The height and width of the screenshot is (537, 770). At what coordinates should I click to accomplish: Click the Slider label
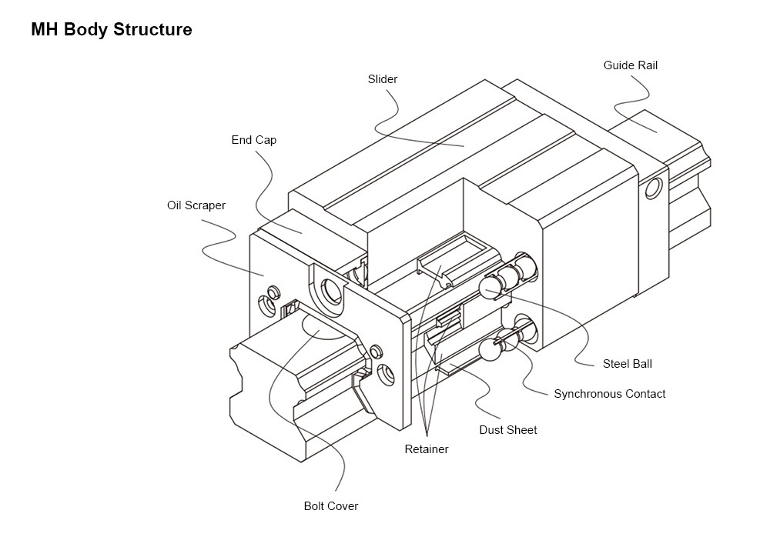click(x=383, y=79)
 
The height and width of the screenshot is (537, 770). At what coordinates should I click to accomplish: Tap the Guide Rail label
click(x=630, y=65)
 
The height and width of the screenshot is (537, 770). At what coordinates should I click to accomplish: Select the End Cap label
click(x=253, y=140)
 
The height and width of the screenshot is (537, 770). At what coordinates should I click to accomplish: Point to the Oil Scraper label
click(x=196, y=205)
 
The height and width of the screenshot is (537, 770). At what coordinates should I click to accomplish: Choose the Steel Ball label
click(x=627, y=364)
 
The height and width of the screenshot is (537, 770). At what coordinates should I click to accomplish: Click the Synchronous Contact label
click(x=609, y=394)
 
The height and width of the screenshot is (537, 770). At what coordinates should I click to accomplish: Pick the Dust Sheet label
click(x=507, y=430)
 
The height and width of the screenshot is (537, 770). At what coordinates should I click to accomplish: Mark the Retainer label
click(x=426, y=449)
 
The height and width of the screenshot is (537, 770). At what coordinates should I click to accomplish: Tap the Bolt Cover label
click(x=330, y=506)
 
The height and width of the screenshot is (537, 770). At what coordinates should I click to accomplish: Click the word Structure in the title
click(x=152, y=30)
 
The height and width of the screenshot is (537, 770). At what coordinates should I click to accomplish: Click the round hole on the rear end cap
click(x=654, y=187)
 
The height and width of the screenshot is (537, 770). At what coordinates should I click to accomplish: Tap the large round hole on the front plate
click(x=333, y=292)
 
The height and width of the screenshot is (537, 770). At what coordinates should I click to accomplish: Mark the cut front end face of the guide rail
click(x=262, y=400)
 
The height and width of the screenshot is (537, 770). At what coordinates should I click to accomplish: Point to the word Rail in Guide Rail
click(x=648, y=65)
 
